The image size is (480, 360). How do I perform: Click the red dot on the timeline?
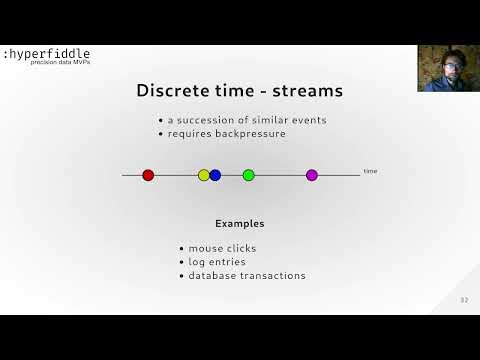coord(148,175)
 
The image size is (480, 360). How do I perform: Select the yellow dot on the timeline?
coord(204,175)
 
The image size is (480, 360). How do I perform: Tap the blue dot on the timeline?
coord(215,175)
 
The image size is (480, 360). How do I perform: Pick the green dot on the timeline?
coord(249,175)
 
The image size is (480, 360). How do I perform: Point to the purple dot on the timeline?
coord(311,175)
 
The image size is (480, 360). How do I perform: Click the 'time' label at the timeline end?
coord(370,172)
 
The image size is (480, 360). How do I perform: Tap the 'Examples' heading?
coord(240,222)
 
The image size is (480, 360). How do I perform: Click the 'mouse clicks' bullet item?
coord(222,248)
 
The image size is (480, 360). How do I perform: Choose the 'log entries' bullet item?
coord(217,262)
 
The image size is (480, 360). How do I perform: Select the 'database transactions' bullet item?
coord(247,276)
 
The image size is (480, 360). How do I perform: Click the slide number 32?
coord(464,300)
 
